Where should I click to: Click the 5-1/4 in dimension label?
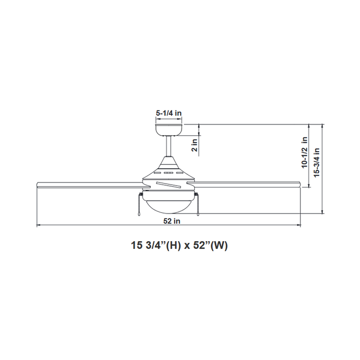[169, 113]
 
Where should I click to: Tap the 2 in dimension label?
[194, 146]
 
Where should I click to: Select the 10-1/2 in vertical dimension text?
[304, 153]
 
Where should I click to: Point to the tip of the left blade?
[38, 184]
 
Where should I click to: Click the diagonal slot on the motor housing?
[168, 184]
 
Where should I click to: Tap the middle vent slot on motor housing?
[168, 173]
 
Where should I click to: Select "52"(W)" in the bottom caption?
[211, 245]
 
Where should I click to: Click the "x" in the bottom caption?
[188, 246]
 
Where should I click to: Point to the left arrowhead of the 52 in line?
[38, 225]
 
